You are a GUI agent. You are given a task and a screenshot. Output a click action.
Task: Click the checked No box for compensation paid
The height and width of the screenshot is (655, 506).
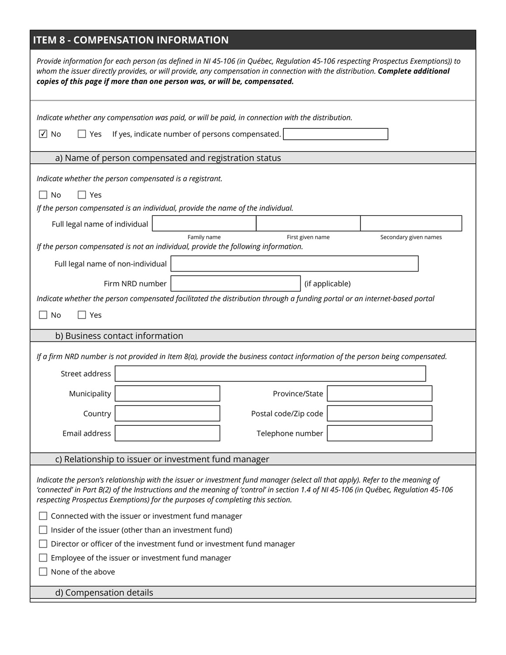point(43,134)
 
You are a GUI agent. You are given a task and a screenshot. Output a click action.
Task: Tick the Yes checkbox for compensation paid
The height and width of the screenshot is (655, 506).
point(82,134)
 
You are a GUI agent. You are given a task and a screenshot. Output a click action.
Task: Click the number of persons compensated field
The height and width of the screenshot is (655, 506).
point(335,134)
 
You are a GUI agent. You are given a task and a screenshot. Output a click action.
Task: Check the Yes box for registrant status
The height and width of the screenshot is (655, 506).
point(82,195)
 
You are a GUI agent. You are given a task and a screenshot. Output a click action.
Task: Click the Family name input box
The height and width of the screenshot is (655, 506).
point(204,224)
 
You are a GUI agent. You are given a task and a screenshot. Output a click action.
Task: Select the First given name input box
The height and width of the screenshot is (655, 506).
point(308,224)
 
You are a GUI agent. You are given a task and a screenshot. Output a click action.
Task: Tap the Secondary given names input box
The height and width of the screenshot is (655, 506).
point(411,224)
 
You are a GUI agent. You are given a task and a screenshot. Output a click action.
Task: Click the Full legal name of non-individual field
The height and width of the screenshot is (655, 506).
point(294,264)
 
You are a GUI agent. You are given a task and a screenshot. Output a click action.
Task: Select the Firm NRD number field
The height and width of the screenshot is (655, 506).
point(235,283)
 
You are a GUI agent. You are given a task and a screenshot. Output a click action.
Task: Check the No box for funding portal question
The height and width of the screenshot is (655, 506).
point(43,315)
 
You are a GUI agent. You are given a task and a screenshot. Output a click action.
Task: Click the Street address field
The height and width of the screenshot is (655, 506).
point(270,374)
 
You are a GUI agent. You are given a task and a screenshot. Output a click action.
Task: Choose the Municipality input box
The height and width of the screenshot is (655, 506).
point(167,393)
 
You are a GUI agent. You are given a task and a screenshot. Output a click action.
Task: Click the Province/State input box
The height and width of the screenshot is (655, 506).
point(379,393)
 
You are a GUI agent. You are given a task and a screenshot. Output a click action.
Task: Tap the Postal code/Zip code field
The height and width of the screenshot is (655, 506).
point(379,414)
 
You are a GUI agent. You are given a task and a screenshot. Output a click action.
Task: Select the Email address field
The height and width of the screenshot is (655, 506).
point(167,433)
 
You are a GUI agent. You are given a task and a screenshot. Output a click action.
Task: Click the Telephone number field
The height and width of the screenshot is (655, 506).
point(379,433)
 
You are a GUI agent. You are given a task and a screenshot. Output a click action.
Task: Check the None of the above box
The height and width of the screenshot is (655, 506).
point(43,572)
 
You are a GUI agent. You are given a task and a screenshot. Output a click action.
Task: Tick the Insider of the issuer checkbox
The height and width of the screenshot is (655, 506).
point(43,530)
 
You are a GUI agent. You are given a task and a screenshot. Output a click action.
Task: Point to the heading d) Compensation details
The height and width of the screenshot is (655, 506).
point(104,593)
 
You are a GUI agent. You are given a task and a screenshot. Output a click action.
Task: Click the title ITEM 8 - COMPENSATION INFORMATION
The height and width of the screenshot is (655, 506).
point(131,40)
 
